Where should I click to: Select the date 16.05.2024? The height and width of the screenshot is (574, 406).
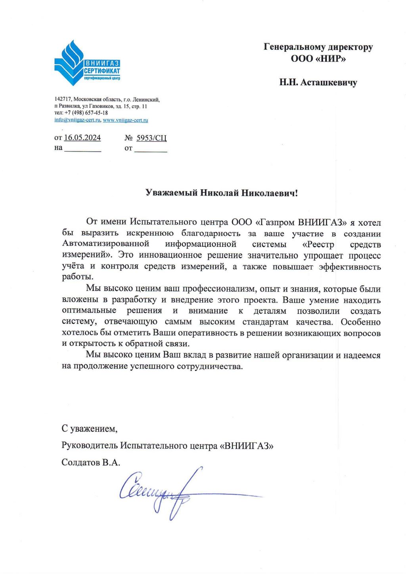[82, 138]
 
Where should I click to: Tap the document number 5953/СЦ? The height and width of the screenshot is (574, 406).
[151, 138]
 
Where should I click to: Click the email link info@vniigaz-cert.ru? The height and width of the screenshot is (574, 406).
[77, 120]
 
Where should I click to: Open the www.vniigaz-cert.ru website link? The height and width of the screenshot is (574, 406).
[125, 120]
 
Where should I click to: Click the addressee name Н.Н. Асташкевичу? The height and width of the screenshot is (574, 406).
[318, 83]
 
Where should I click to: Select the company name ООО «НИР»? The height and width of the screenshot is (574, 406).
[318, 59]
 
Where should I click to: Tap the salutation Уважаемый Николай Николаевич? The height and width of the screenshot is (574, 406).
[221, 193]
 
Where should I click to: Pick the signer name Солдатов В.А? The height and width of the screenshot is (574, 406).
[91, 463]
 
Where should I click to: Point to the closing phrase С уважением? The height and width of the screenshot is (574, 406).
[89, 429]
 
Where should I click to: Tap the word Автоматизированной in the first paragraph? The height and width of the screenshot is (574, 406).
[105, 244]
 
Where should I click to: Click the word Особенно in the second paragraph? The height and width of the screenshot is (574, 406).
[360, 322]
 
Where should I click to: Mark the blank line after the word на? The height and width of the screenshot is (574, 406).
[82, 149]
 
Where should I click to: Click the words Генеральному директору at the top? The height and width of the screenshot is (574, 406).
[318, 47]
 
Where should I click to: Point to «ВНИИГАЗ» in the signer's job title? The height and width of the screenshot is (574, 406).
[246, 445]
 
